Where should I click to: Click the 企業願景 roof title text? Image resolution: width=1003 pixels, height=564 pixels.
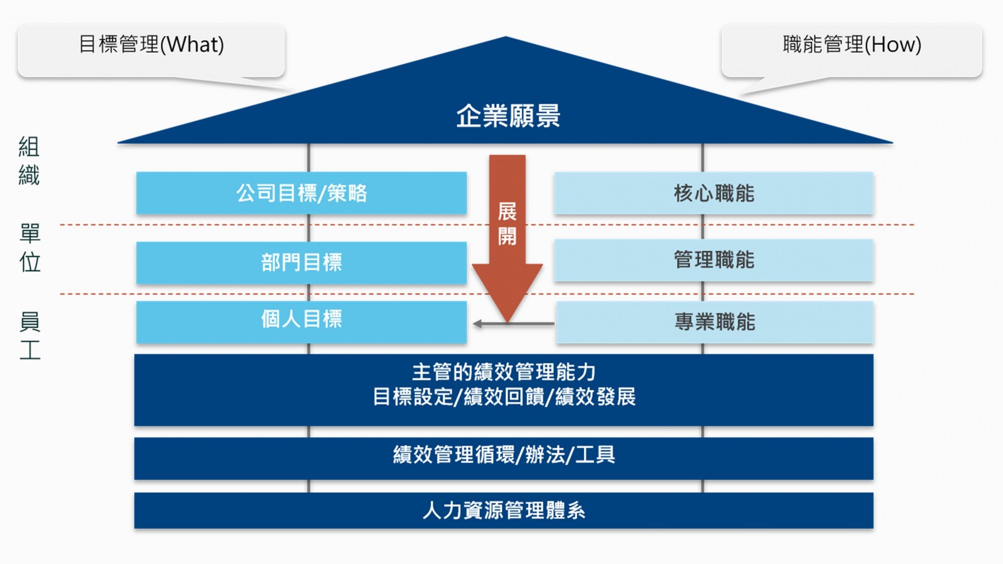coord(507,116)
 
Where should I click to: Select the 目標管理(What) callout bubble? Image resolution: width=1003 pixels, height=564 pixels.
coord(151,50)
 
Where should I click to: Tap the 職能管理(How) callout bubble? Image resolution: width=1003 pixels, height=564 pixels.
coord(851,50)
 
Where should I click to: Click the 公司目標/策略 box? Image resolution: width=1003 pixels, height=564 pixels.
coord(301,193)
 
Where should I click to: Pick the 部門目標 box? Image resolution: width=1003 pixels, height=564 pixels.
coord(301,263)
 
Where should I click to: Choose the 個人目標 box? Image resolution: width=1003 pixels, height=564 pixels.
coord(301,321)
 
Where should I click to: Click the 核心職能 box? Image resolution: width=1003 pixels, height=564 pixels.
coord(713,193)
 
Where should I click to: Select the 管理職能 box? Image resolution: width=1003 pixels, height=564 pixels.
coord(713,260)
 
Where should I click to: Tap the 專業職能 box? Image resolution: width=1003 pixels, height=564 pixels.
coord(714,322)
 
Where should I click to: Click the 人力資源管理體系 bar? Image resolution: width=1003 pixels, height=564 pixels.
coord(503,510)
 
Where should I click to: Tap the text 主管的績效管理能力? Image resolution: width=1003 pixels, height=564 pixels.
coord(503,372)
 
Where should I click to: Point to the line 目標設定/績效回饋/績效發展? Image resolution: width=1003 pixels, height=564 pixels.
coord(503,397)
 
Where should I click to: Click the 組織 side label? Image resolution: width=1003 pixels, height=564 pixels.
coord(29,160)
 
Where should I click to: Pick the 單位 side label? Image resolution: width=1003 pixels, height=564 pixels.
coord(30,248)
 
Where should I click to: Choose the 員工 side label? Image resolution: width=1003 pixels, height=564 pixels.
coord(30,335)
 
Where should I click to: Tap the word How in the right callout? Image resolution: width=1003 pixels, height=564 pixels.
coord(893,45)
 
